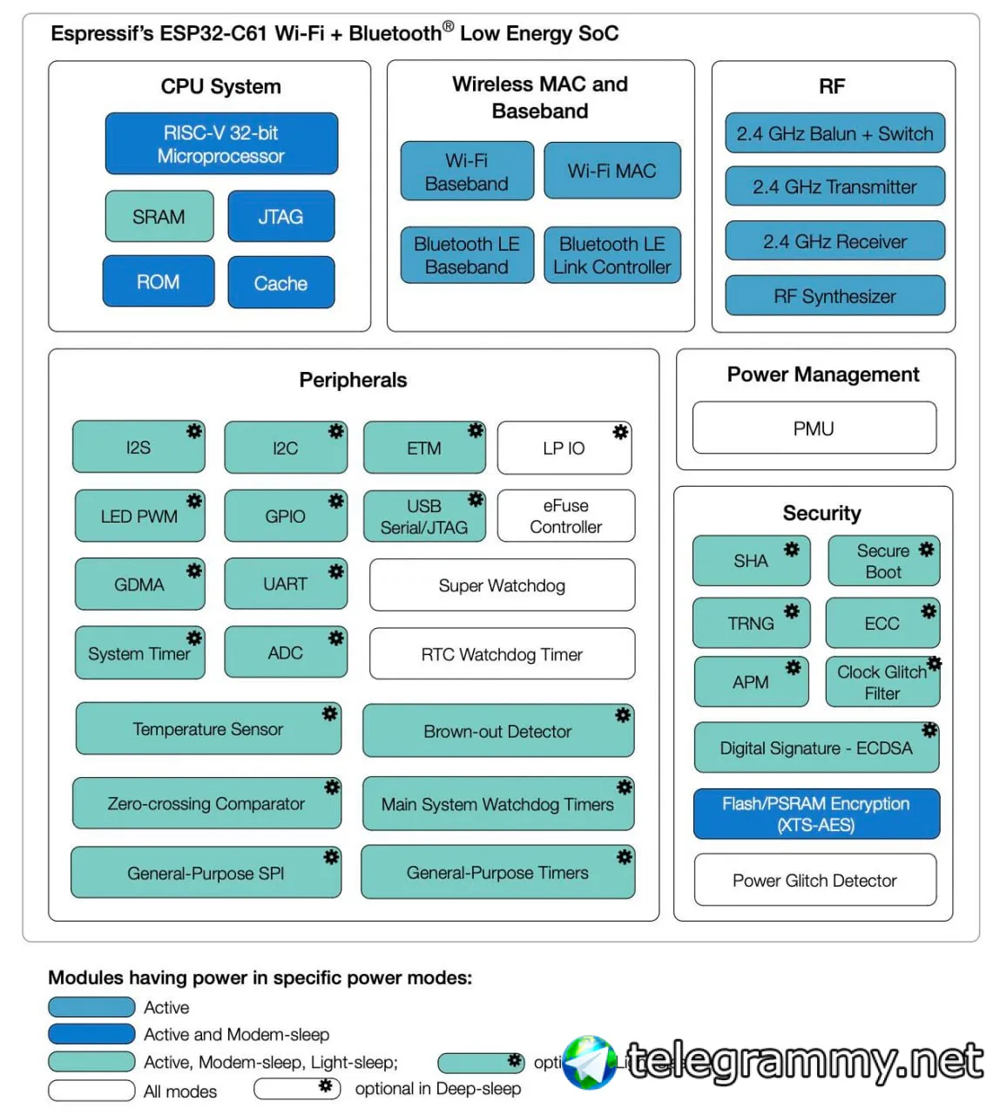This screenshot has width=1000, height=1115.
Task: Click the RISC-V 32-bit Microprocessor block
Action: [x=221, y=144]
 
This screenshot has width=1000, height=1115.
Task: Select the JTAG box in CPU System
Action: [x=280, y=216]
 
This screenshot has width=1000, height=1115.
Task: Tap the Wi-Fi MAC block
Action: [x=611, y=171]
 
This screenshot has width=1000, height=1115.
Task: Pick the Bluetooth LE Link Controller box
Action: [x=611, y=255]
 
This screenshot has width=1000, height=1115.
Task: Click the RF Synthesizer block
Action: [x=834, y=296]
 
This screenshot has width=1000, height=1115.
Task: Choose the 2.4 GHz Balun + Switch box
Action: [x=834, y=133]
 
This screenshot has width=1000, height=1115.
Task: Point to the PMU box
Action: [x=814, y=429]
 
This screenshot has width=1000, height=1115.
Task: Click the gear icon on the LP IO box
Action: [x=620, y=432]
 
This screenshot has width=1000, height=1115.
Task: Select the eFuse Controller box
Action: [x=565, y=516]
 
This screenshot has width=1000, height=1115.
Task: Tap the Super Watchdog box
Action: [x=502, y=585]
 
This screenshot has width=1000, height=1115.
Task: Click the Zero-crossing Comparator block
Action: [x=206, y=803]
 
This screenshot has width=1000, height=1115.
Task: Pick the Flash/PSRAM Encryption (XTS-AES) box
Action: [x=816, y=814]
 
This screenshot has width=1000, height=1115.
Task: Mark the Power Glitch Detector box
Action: [x=814, y=880]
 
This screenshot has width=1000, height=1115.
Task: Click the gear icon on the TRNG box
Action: [x=792, y=612]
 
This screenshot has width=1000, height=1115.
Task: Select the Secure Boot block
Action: [x=882, y=561]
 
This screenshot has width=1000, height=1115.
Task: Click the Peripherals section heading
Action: [x=353, y=380]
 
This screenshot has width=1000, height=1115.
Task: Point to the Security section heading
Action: [x=821, y=513]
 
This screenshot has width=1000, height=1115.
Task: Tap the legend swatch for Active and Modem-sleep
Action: [x=91, y=1034]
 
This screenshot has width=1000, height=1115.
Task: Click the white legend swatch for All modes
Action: [x=91, y=1091]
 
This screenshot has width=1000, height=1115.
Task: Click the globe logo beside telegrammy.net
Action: [x=589, y=1062]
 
